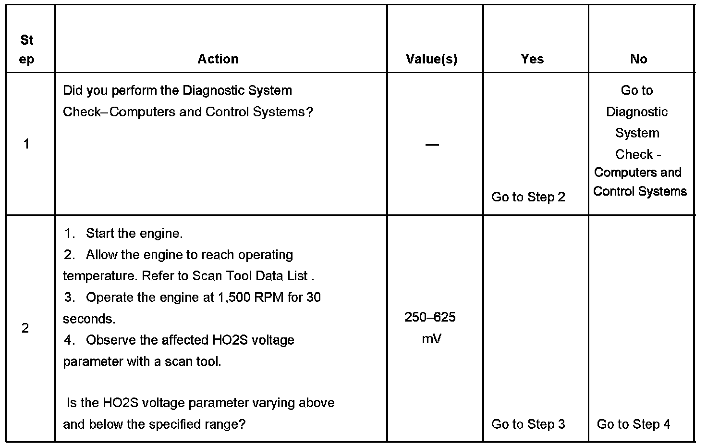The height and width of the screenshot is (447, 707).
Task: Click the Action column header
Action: click(x=218, y=59)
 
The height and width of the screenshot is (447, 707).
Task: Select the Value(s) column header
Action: click(x=431, y=59)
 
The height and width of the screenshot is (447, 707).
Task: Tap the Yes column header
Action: click(x=532, y=59)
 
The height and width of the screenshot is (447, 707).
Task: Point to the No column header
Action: click(x=638, y=59)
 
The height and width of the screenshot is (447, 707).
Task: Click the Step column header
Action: click(x=27, y=50)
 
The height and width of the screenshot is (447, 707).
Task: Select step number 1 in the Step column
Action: click(x=26, y=144)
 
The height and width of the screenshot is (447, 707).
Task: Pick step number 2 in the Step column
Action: click(x=25, y=328)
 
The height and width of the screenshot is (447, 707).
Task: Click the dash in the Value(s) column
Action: click(x=432, y=145)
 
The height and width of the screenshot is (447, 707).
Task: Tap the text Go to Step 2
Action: click(x=528, y=197)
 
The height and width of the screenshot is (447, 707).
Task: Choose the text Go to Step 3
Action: click(x=528, y=424)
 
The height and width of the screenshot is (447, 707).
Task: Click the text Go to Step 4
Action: click(x=633, y=424)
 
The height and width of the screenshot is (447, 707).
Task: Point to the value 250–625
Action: click(x=430, y=317)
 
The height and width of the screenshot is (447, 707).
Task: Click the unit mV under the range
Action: click(x=431, y=339)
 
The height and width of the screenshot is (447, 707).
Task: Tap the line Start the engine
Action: click(x=134, y=234)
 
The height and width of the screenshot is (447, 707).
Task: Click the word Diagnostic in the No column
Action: click(x=637, y=112)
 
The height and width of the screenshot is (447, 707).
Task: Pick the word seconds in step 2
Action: click(x=88, y=319)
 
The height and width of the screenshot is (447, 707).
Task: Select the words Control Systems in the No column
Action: click(x=640, y=191)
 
